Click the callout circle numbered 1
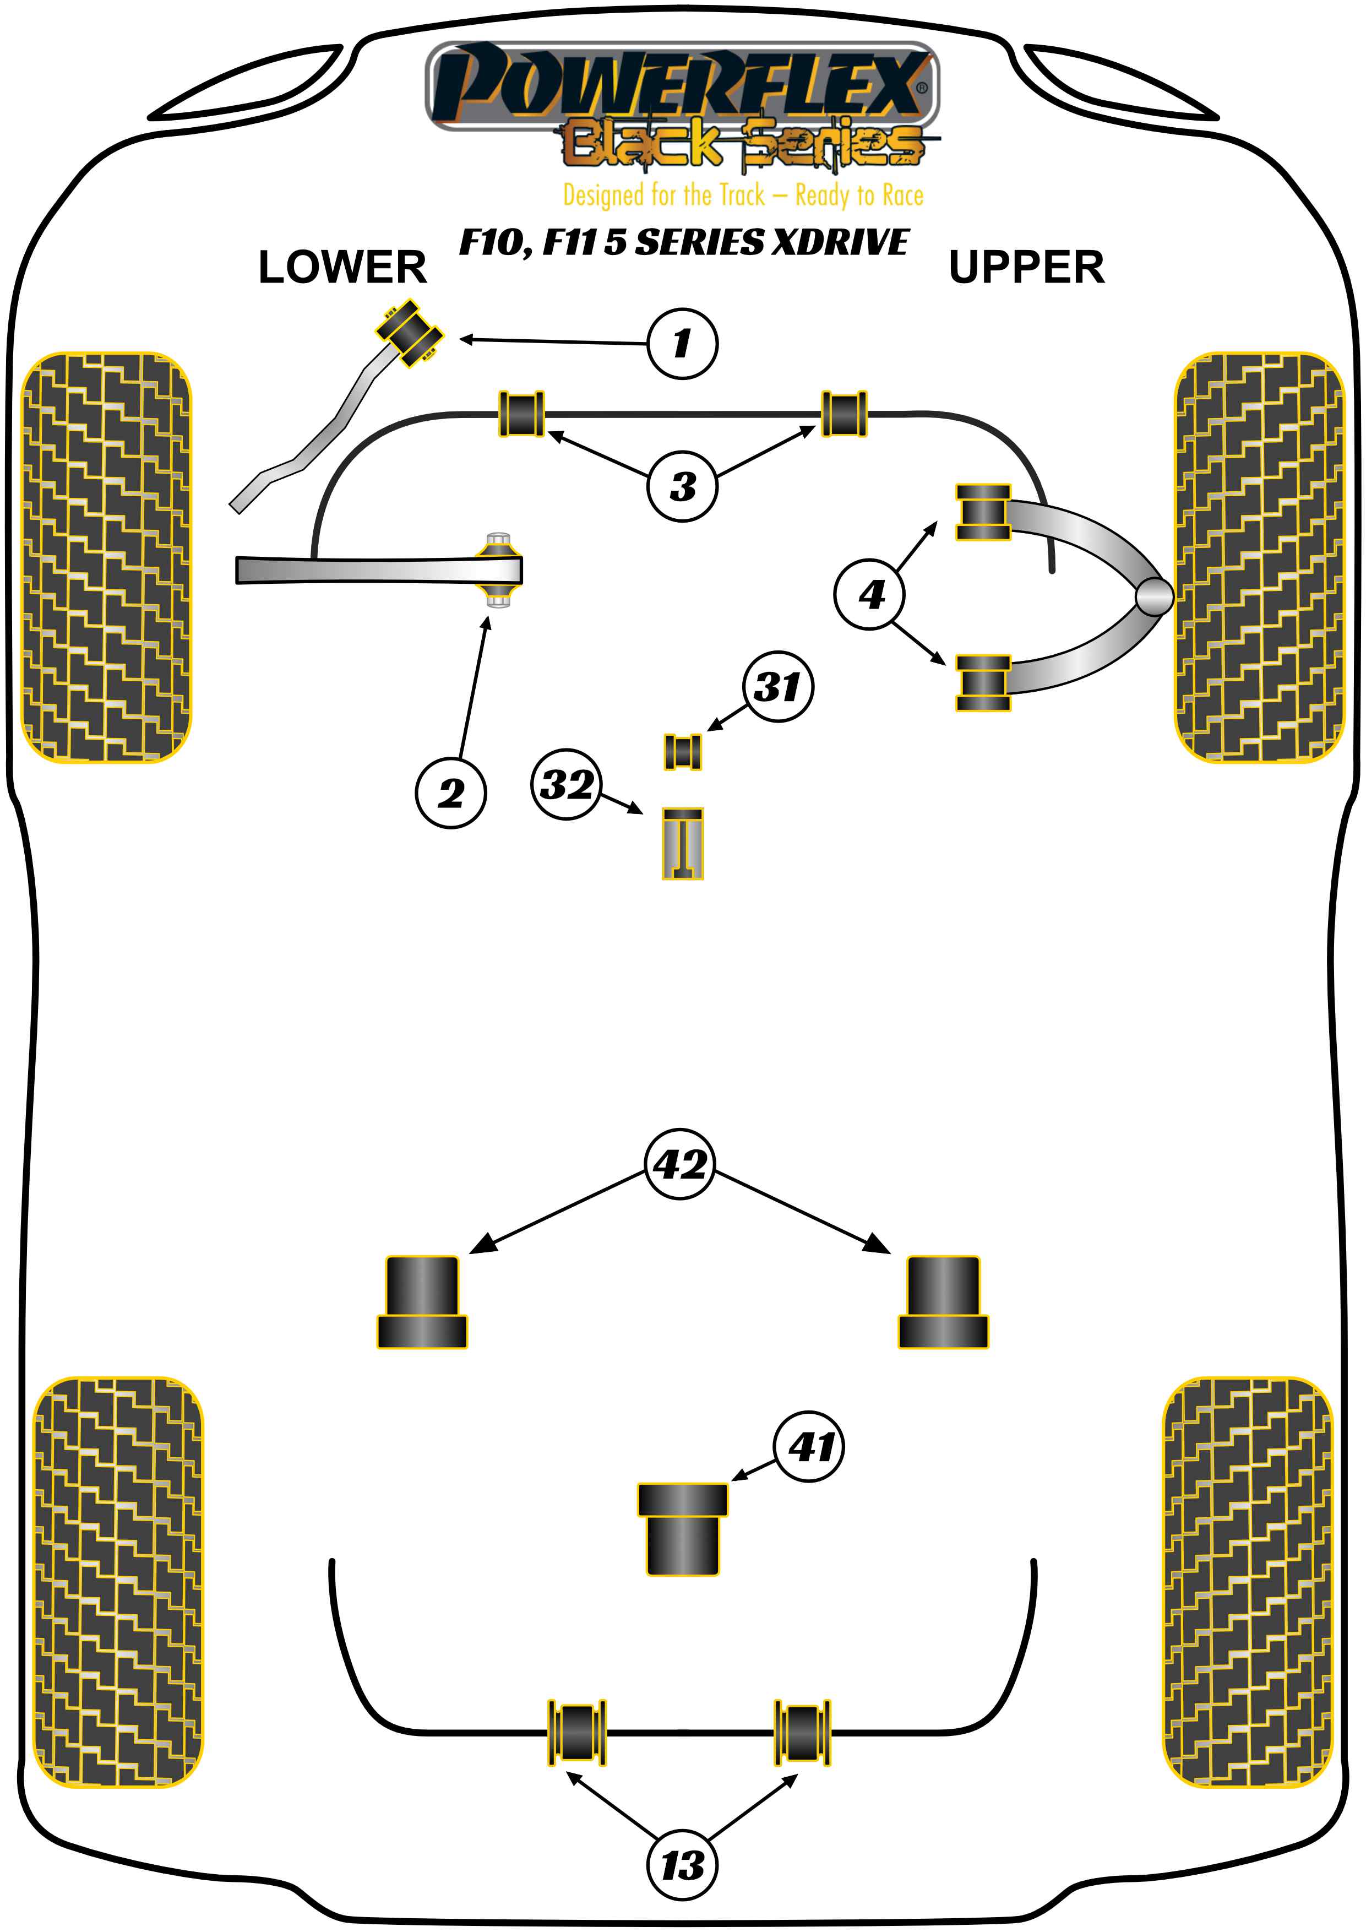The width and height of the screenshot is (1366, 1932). coord(682,343)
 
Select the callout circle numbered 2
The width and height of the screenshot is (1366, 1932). coord(451,793)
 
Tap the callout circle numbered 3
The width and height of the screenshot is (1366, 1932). coord(682,486)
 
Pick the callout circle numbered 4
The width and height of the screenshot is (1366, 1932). coord(870,594)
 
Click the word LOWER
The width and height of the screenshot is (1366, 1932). coord(342,268)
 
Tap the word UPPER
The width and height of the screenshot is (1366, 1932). coord(1026,268)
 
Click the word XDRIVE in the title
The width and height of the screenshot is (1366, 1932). coord(840,242)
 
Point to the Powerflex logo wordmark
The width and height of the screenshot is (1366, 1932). coord(682,84)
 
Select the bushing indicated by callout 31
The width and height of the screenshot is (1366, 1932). coord(682,751)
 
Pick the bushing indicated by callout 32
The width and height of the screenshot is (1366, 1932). coord(682,843)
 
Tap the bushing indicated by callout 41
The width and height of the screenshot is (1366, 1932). coord(682,1529)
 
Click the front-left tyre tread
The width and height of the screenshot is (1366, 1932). coord(106,557)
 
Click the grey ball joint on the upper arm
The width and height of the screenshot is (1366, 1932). coord(1153,596)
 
